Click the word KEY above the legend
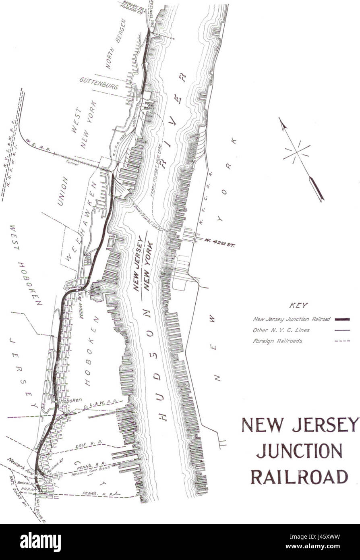point(298,305)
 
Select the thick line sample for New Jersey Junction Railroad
point(342,319)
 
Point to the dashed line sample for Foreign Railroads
point(342,341)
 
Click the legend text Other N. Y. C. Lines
point(281,330)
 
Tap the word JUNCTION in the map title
point(299,451)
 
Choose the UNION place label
point(63,191)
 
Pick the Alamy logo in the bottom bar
point(40,542)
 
